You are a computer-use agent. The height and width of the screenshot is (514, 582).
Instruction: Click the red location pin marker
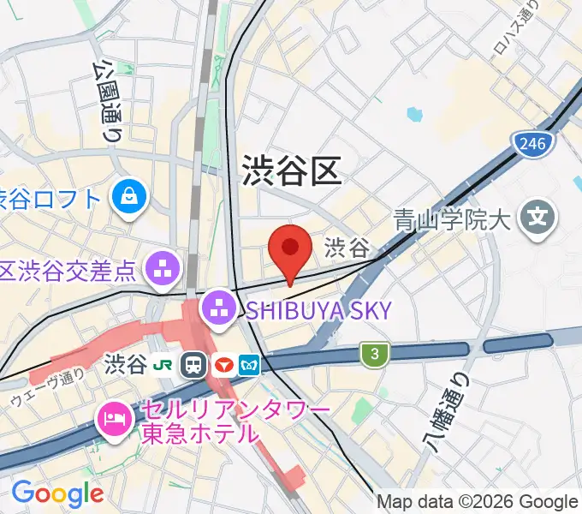[290, 249]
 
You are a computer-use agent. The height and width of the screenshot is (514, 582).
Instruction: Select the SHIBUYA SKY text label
[318, 310]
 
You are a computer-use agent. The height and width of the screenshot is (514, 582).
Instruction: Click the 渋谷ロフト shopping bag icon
[131, 199]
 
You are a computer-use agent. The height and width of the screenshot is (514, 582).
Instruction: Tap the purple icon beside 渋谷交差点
[163, 270]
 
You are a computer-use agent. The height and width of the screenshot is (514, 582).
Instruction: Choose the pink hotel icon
[114, 421]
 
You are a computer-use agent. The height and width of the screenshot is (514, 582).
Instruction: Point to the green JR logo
[163, 365]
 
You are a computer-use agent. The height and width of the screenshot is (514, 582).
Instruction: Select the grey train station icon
[193, 365]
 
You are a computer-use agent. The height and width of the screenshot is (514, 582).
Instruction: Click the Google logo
[56, 493]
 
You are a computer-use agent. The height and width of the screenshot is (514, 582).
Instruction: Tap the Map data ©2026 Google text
[478, 501]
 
